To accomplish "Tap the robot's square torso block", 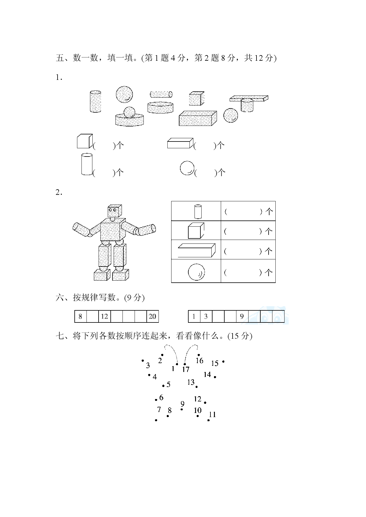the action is click(112, 230).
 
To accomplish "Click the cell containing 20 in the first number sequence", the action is click(152, 317).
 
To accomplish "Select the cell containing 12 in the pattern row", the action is click(104, 317).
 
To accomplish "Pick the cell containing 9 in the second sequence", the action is click(242, 317).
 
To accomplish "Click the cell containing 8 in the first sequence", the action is click(80, 317).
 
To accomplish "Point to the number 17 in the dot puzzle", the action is click(186, 369).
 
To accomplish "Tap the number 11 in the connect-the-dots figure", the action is click(213, 415).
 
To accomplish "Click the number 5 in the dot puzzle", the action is click(169, 384).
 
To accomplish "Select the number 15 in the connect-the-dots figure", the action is click(215, 363).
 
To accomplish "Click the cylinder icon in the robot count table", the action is click(198, 211).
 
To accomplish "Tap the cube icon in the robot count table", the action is click(196, 230).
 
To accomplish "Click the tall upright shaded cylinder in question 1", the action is click(95, 101).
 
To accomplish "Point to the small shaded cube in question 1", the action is click(197, 98).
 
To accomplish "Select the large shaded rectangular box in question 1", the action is click(198, 118).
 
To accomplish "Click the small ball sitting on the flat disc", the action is click(129, 112).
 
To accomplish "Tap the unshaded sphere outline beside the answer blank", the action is click(187, 168).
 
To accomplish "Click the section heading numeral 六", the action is click(60, 298).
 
